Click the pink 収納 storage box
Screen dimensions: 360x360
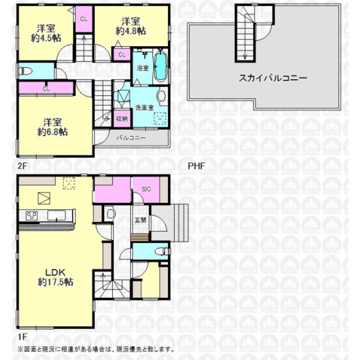(x=122, y=118)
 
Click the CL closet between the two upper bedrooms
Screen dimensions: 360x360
(x=84, y=19)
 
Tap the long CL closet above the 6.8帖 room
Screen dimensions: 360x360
(x=46, y=88)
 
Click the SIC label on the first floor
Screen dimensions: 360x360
(x=146, y=189)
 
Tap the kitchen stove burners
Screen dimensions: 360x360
(x=32, y=215)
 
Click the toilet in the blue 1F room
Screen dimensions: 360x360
(x=162, y=250)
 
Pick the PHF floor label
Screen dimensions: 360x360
(x=196, y=166)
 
